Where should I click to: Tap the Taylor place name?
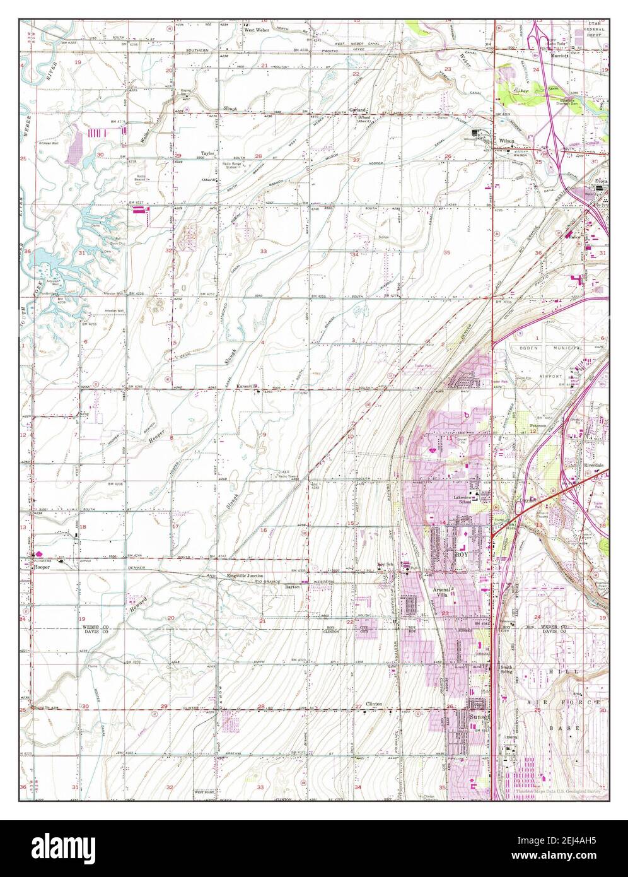coord(207,153)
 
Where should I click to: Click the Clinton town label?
coord(375,703)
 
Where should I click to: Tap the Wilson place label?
coord(507,141)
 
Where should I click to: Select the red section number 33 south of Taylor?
coord(264,251)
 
